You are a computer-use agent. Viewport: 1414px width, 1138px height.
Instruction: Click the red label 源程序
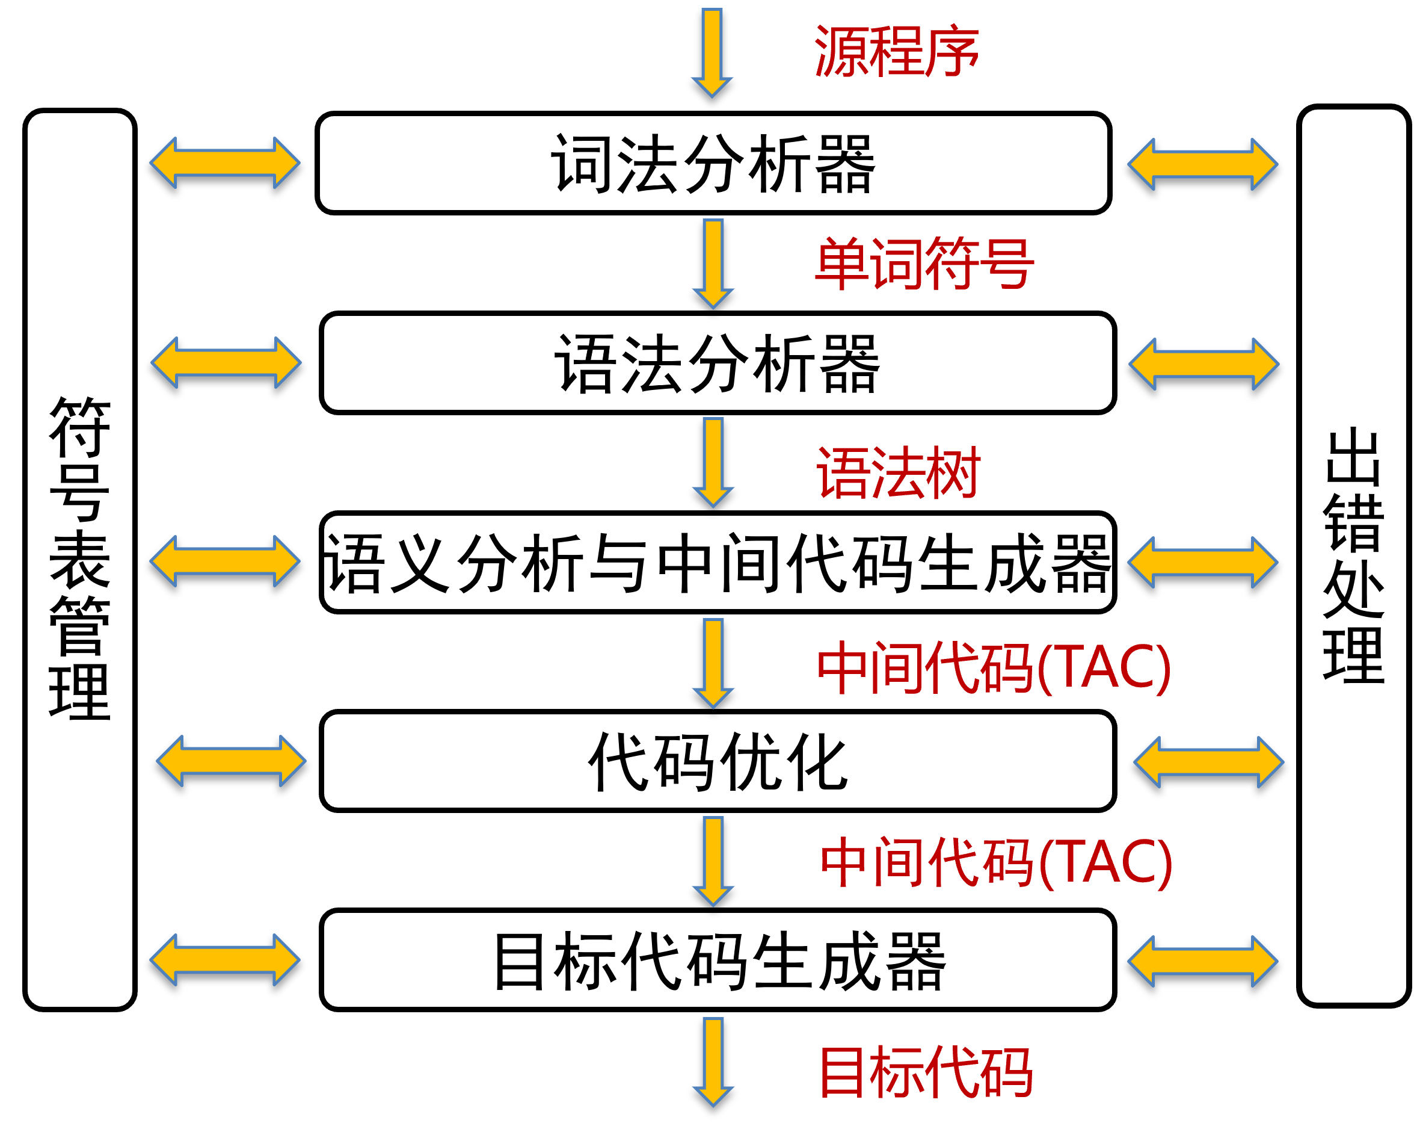tap(896, 51)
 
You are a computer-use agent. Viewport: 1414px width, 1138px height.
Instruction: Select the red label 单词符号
tap(924, 263)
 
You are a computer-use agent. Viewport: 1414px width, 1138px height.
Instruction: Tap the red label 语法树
tap(898, 472)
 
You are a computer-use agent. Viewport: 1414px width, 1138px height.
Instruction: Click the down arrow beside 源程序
tap(712, 52)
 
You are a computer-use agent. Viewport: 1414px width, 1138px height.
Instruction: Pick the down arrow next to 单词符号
tap(713, 263)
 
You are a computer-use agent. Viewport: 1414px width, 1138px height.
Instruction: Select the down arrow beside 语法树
tap(713, 462)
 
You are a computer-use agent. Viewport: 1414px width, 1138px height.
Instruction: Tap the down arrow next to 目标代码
tap(713, 1062)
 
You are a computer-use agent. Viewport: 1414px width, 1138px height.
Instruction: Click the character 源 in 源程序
tap(841, 51)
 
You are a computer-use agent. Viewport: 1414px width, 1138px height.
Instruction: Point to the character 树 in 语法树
tap(954, 472)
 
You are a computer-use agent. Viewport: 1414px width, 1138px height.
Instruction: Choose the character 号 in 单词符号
tap(1007, 263)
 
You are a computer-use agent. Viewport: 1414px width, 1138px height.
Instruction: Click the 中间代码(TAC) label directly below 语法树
tap(994, 668)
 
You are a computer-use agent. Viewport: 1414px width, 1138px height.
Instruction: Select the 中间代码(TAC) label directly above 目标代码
tap(996, 862)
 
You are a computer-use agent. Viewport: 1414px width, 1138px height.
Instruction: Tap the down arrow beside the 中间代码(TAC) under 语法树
tap(713, 663)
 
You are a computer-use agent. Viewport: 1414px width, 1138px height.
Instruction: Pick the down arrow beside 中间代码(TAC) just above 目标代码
tap(713, 862)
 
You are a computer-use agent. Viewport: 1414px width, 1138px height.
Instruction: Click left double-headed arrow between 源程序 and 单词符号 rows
tap(225, 162)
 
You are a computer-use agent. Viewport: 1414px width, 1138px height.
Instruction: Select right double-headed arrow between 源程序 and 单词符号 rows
tap(1203, 164)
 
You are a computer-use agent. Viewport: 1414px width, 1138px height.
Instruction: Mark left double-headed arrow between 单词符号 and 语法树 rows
tap(226, 362)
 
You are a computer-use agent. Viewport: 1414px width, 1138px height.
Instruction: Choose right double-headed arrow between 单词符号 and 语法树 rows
tap(1204, 363)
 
